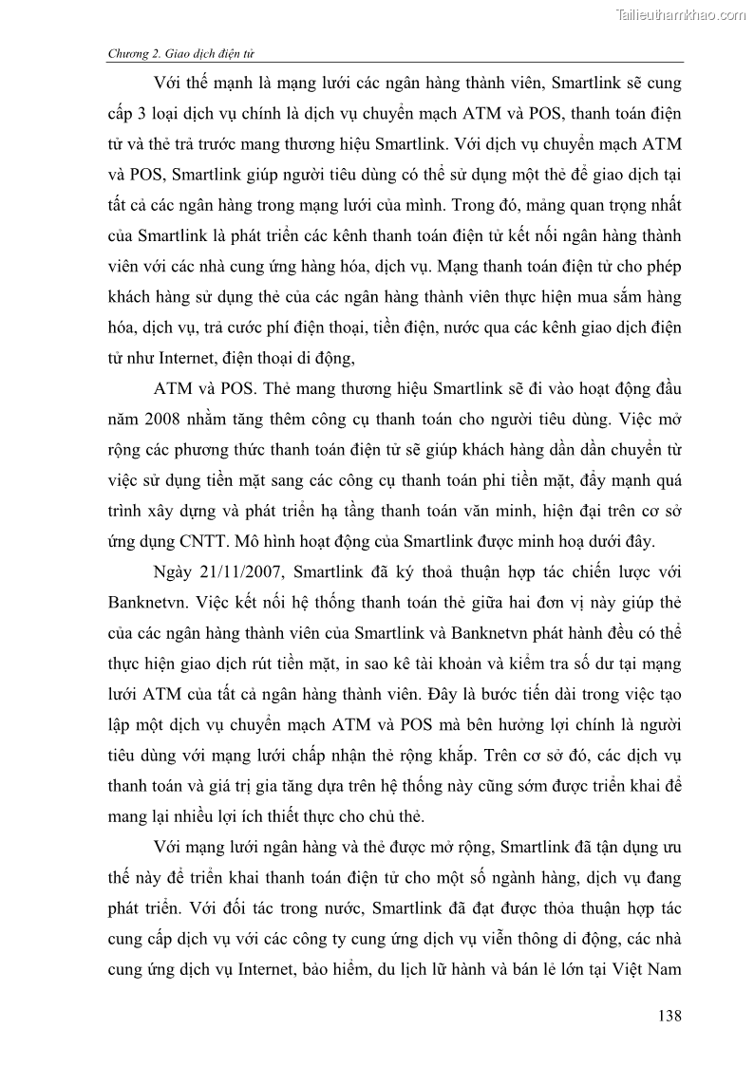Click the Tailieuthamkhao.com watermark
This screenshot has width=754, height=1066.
[x=681, y=14]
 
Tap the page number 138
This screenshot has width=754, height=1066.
[x=669, y=1017]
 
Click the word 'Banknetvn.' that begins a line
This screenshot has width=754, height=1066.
[x=144, y=605]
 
